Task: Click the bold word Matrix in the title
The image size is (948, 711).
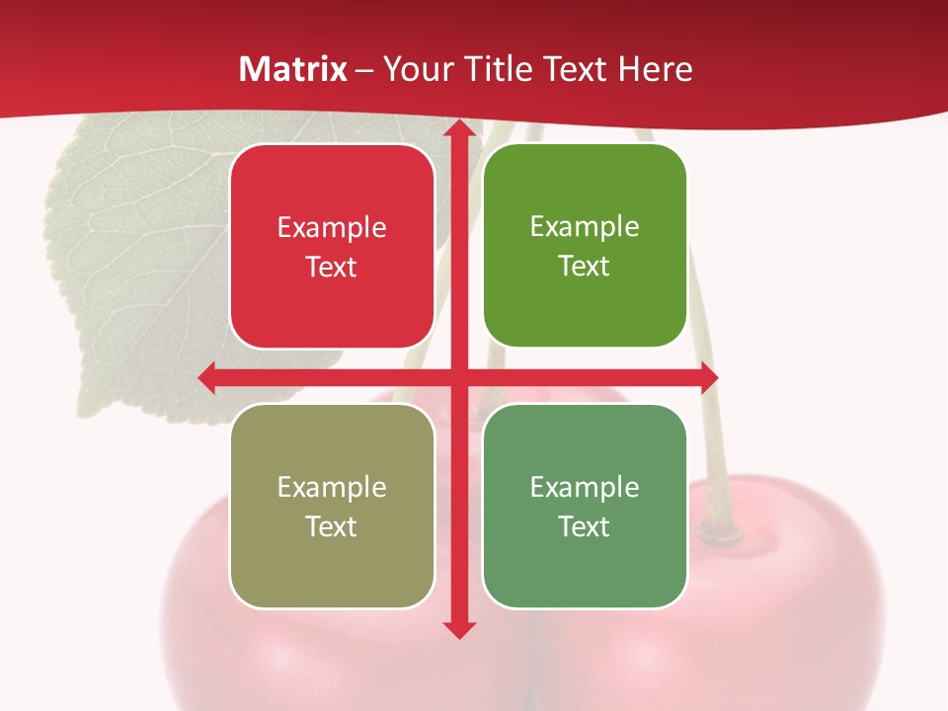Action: tap(293, 69)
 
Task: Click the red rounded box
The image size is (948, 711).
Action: tap(332, 247)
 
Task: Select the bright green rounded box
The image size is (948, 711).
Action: tap(585, 246)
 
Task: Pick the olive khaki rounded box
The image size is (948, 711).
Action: tap(332, 506)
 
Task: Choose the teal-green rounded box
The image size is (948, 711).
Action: tap(585, 506)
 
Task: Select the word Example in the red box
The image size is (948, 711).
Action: tap(332, 228)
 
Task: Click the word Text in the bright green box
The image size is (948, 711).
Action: tap(585, 267)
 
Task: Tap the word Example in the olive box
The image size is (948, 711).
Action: tap(332, 487)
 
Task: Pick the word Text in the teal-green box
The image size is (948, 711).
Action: tap(585, 526)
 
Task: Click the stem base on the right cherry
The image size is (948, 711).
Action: tap(727, 534)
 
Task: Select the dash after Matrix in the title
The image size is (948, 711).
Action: tap(364, 70)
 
